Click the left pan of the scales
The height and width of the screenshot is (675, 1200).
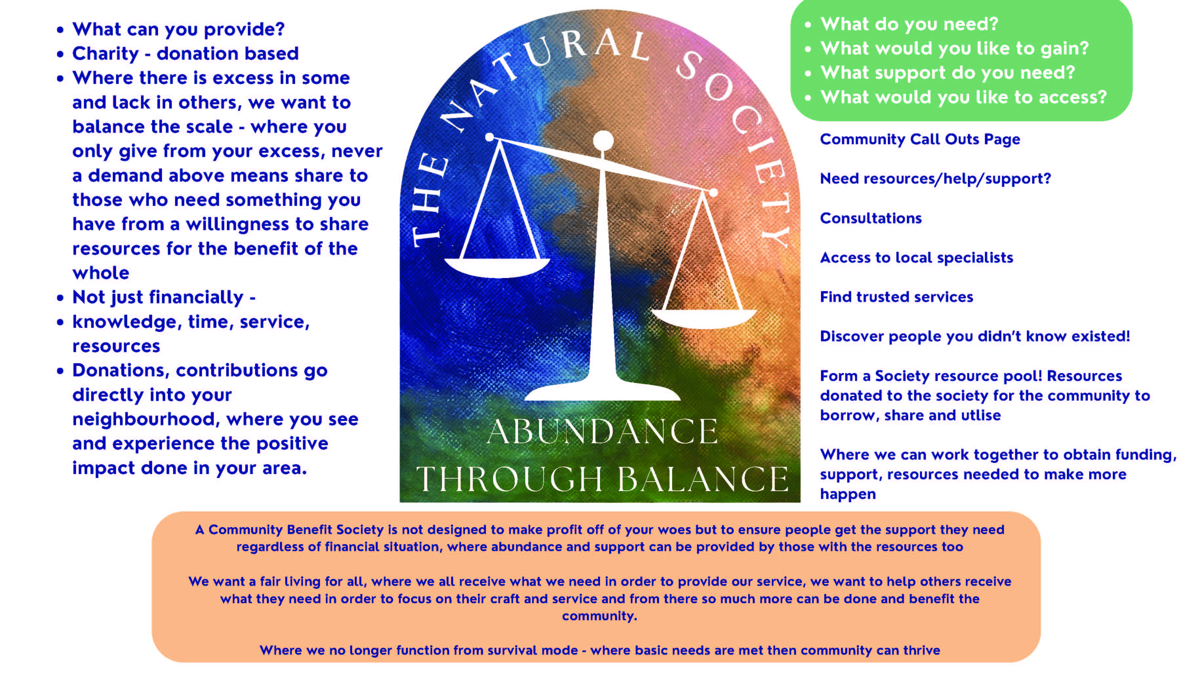click(x=497, y=268)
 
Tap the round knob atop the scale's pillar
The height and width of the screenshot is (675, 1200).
click(x=603, y=141)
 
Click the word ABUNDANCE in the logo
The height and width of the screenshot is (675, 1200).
click(x=602, y=431)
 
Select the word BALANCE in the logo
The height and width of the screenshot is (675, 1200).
click(x=703, y=479)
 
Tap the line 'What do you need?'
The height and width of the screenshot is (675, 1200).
click(x=909, y=24)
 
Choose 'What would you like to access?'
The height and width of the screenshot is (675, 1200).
click(x=963, y=97)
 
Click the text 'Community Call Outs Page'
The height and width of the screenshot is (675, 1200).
click(x=920, y=139)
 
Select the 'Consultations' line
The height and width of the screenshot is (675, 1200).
click(x=870, y=218)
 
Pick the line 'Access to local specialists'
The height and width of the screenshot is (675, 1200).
click(x=916, y=258)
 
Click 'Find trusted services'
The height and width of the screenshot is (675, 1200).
click(x=896, y=297)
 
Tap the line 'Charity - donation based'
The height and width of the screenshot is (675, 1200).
click(x=185, y=53)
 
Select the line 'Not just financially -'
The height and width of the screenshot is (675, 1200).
click(x=164, y=297)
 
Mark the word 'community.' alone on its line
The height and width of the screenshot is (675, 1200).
click(x=600, y=616)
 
